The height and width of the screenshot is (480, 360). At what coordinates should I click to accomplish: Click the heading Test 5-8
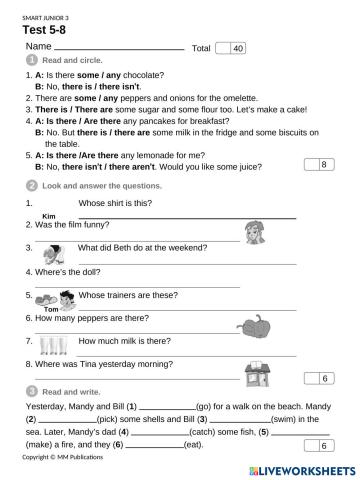48,30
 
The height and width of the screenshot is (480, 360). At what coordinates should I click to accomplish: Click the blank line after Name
119,48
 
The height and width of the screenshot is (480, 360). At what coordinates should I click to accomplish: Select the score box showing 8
318,163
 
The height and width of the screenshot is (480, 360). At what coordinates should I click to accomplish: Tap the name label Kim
48,216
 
